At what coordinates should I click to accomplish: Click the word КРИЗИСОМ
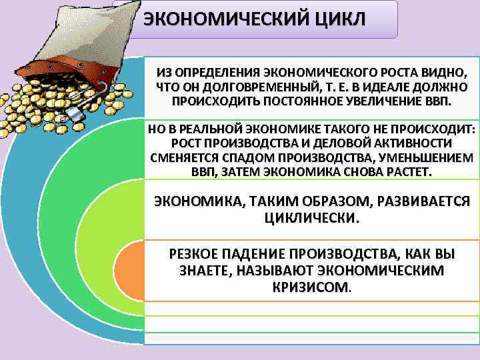tap(311, 287)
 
